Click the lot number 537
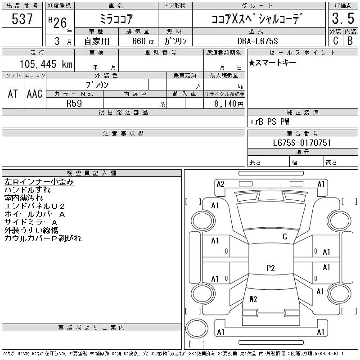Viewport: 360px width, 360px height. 22,19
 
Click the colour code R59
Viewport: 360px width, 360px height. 74,103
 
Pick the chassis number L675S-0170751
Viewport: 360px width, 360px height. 302,143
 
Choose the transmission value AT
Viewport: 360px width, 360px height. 13,94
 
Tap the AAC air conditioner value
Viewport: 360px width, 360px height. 34,94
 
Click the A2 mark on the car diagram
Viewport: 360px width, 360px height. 220,184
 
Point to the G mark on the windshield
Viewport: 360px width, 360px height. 284,237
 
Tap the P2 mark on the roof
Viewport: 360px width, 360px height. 270,268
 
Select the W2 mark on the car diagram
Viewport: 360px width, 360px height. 253,298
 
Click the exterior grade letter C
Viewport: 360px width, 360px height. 335,40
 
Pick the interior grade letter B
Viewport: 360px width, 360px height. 350,40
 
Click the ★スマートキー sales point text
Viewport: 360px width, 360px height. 272,63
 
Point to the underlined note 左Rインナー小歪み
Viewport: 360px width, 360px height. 39,182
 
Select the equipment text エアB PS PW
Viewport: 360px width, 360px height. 270,121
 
